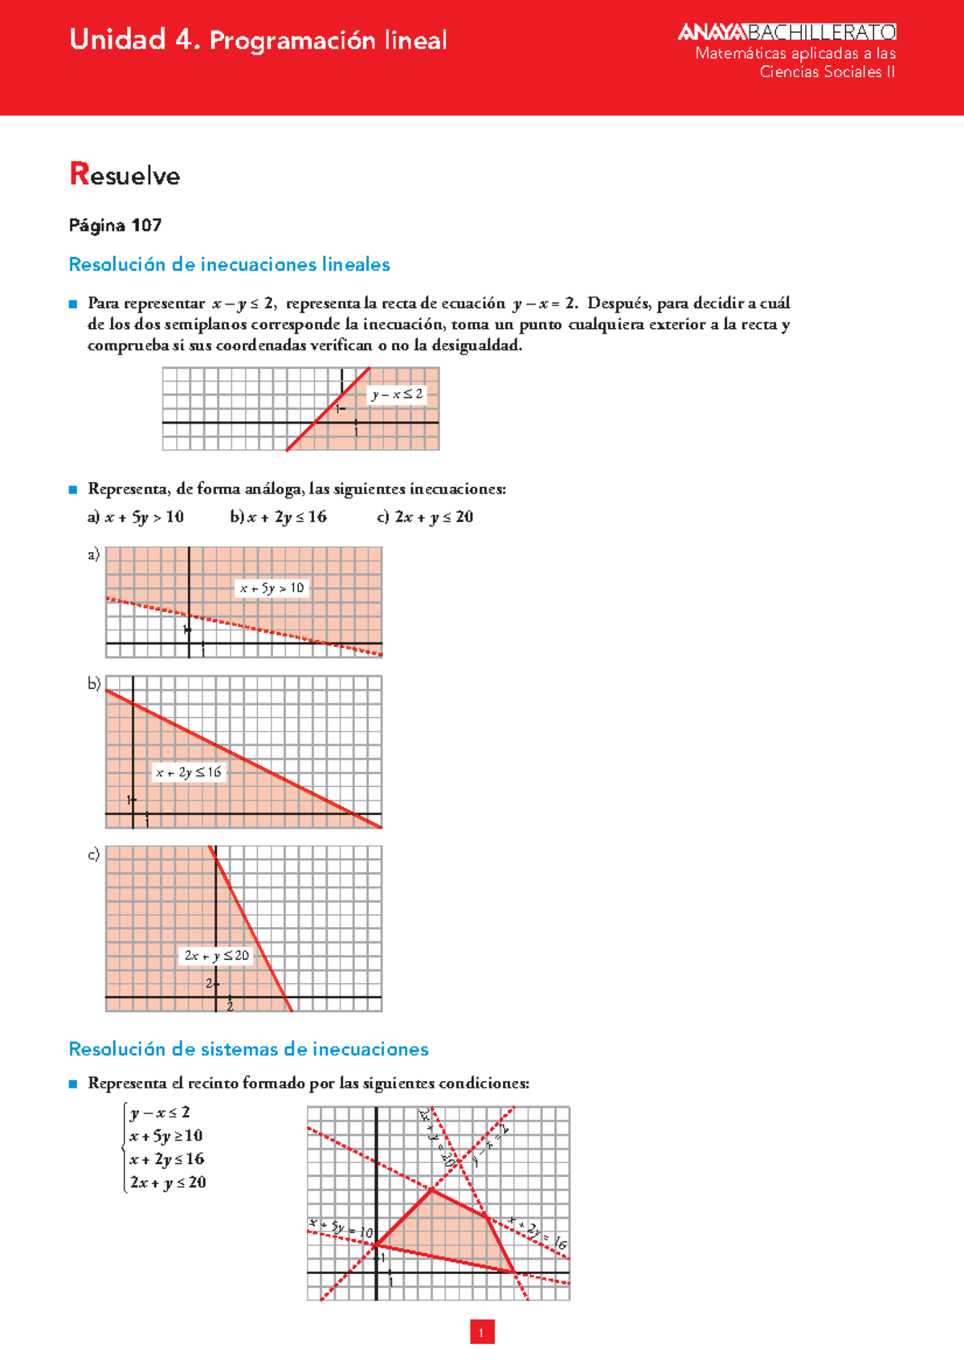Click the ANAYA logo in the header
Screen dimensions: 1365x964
coord(712,32)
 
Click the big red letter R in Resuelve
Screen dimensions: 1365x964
coord(79,174)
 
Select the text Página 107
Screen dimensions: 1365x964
coord(115,225)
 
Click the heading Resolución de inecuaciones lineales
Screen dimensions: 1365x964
coord(229,264)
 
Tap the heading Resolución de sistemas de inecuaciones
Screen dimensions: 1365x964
coord(248,1049)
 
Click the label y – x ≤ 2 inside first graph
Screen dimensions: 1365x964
coord(397,394)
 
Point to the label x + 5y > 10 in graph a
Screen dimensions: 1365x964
coord(272,588)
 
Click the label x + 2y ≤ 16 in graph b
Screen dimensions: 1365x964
coord(188,773)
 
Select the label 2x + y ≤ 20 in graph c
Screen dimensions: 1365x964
coord(216,956)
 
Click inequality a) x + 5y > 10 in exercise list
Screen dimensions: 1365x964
coord(136,517)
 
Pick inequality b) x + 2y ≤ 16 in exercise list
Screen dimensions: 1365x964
coord(278,517)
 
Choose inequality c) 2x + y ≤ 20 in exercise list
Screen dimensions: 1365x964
coord(425,517)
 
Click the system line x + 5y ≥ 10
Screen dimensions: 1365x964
coord(165,1136)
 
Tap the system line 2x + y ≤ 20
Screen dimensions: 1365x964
coord(168,1183)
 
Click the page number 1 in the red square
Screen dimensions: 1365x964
coord(481,1332)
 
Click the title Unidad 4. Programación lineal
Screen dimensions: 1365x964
coord(258,40)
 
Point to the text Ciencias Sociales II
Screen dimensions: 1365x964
coord(827,72)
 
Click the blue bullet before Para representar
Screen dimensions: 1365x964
coord(73,304)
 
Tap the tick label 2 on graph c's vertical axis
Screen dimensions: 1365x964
coord(209,983)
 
